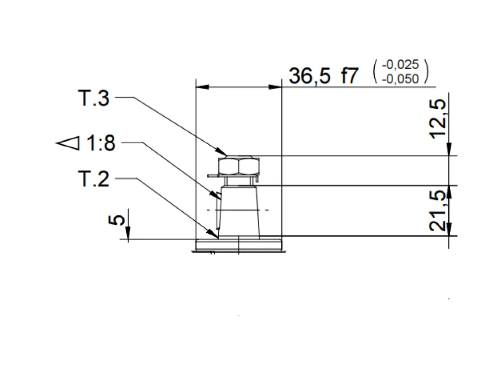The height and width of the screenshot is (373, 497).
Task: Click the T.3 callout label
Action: click(94, 98)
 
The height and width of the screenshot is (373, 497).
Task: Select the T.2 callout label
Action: click(94, 179)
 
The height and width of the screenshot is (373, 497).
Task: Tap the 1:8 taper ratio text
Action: click(101, 143)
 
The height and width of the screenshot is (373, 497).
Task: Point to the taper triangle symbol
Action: click(68, 143)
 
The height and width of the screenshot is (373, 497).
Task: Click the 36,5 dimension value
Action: click(309, 76)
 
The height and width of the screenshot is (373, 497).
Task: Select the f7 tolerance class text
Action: click(349, 76)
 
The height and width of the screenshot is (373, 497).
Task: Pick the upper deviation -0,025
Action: click(400, 64)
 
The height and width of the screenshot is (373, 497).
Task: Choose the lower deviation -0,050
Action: click(400, 79)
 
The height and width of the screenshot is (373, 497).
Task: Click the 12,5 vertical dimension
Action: click(438, 119)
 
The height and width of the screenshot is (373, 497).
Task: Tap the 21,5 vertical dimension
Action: click(438, 210)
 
